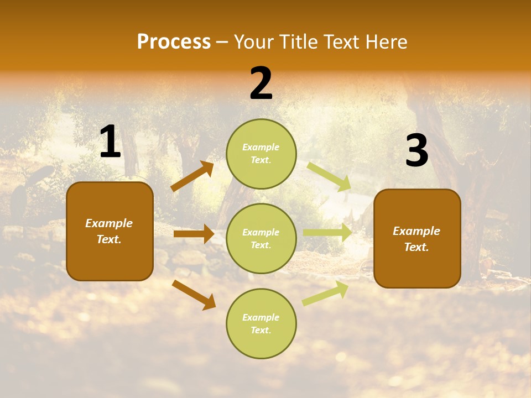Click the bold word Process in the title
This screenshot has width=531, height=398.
tap(174, 42)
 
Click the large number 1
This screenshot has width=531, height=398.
tap(110, 142)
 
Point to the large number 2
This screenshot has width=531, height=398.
tap(261, 83)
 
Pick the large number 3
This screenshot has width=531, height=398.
tap(417, 151)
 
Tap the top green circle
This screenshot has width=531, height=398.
tap(261, 154)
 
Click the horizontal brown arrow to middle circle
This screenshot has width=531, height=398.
tap(194, 234)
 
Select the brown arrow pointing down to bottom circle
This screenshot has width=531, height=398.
tap(194, 295)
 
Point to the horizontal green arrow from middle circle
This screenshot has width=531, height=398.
tap(327, 232)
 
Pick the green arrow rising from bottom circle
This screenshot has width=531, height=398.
tap(326, 293)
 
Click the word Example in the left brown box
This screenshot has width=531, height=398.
tap(109, 223)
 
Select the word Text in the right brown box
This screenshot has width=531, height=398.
tap(416, 247)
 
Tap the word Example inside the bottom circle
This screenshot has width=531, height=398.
tap(261, 317)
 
